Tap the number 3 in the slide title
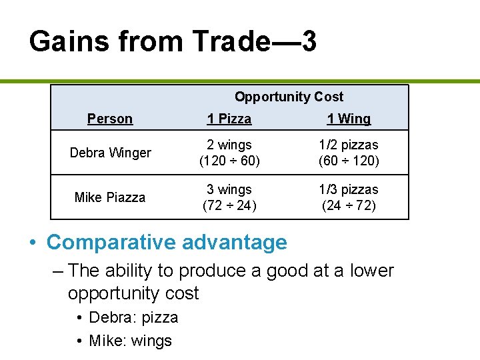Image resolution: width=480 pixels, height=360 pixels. (308, 42)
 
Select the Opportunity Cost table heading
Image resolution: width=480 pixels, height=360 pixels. (289, 97)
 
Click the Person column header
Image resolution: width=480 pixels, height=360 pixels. (110, 119)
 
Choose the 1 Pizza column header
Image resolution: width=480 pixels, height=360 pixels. (229, 119)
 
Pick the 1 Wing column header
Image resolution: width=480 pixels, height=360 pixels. (349, 119)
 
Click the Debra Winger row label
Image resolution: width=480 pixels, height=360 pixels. (110, 153)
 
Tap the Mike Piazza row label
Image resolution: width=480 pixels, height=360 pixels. (110, 197)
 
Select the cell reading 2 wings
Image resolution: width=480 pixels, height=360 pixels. (229, 145)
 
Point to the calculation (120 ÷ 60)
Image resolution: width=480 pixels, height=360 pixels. (229, 161)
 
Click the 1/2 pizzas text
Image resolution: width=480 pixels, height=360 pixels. (349, 145)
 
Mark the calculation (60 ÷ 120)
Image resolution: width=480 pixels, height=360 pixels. (349, 161)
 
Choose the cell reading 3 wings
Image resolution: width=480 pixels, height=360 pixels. (229, 189)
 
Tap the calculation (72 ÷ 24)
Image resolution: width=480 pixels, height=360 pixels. (229, 205)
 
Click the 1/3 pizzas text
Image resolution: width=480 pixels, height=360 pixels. (349, 189)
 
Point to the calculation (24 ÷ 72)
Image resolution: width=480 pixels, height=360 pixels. (349, 205)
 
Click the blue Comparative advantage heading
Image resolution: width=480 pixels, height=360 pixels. (167, 242)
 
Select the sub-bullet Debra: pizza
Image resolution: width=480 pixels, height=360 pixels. (133, 317)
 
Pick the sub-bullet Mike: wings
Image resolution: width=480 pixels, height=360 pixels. (130, 341)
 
